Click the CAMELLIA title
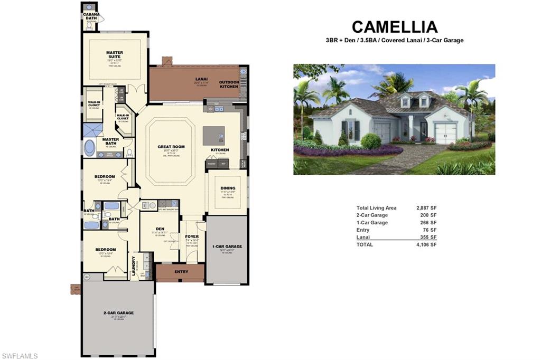click(395, 27)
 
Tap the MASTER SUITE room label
click(115, 54)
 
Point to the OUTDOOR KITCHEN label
click(229, 84)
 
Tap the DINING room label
click(228, 188)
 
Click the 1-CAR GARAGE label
click(227, 247)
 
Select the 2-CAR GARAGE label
click(118, 312)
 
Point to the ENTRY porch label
click(181, 272)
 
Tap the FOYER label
click(192, 236)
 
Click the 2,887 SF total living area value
click(427, 208)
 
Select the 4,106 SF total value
click(427, 244)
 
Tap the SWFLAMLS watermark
click(20, 356)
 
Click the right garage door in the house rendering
click(445, 134)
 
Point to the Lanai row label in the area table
click(363, 237)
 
